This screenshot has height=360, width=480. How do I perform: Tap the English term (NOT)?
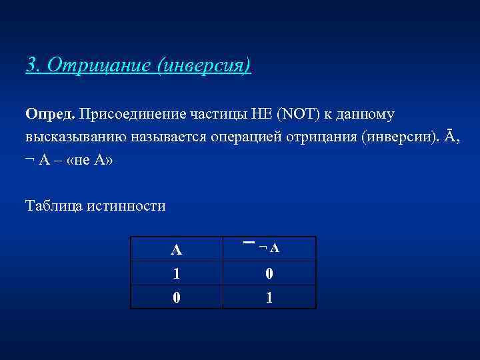coord(293,114)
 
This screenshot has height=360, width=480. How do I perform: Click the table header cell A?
coord(176,250)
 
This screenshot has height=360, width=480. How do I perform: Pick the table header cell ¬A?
coord(269,248)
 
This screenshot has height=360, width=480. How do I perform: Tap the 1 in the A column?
coord(176,273)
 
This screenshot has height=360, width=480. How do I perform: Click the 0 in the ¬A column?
coord(269,273)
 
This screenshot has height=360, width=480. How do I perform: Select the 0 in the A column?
coord(176,297)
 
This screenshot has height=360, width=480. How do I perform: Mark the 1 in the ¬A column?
coord(269,297)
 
